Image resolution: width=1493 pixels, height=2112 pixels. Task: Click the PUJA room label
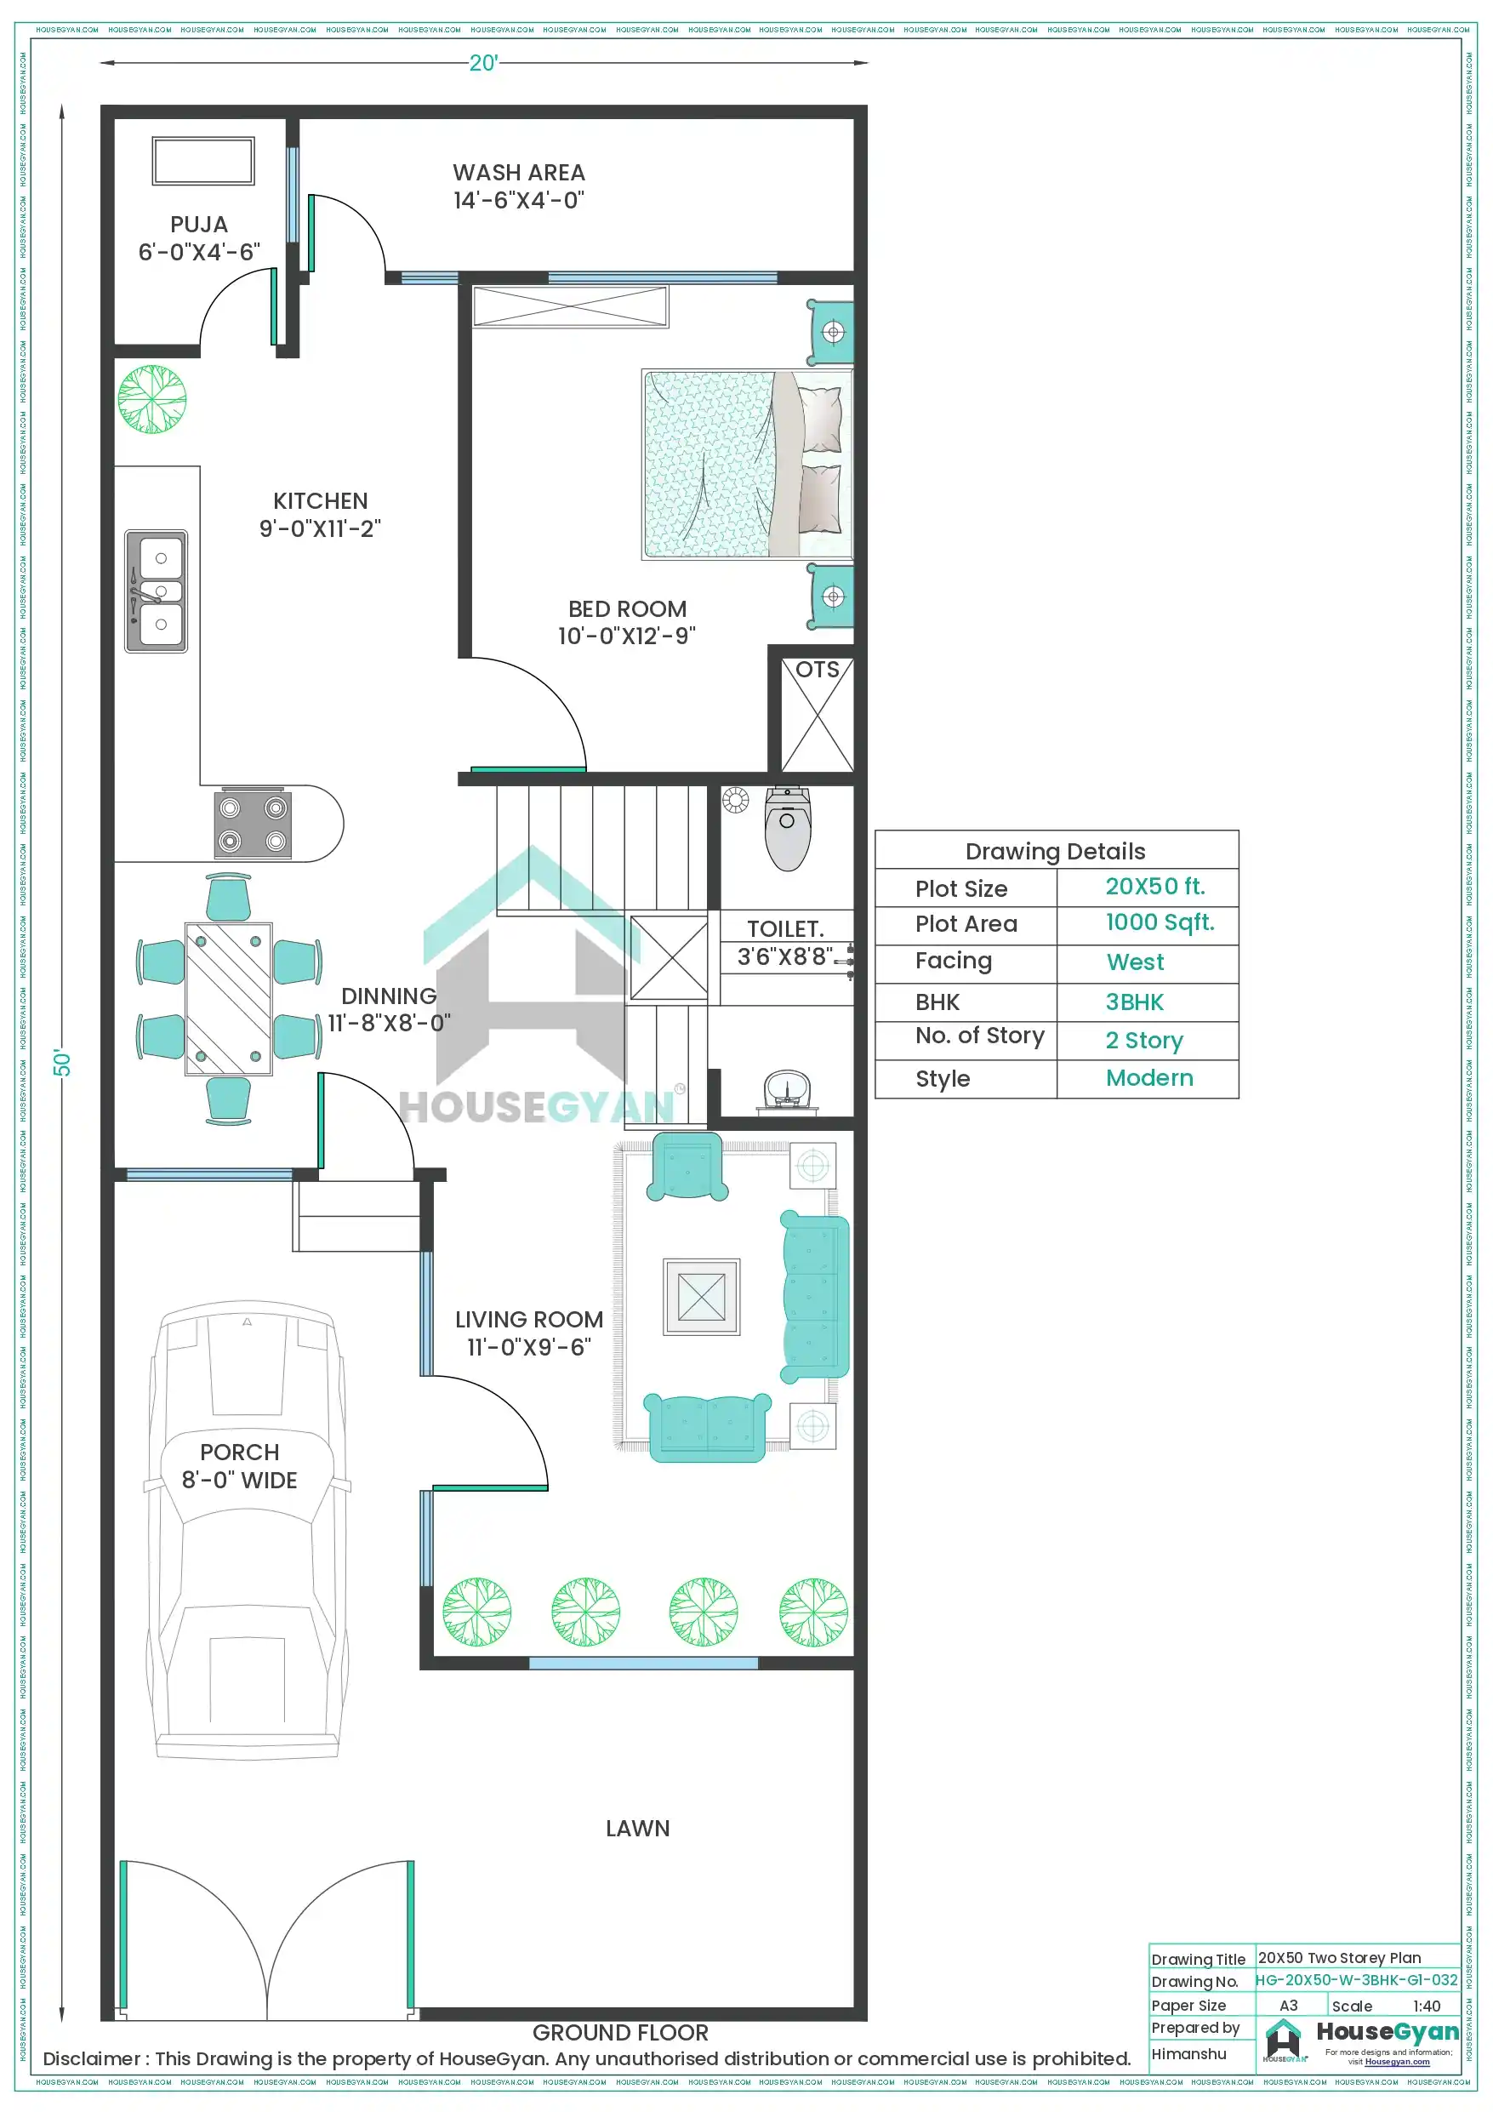pos(199,225)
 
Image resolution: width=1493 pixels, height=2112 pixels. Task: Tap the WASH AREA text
pos(518,174)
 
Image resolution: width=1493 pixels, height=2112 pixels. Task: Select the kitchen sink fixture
pos(157,591)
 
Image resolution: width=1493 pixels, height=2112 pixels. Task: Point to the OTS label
pos(817,670)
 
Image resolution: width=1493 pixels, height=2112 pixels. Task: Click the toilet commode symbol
pos(788,828)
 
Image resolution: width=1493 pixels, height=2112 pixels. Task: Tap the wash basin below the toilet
pos(788,1091)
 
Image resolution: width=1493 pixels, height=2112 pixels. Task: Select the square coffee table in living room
pos(701,1297)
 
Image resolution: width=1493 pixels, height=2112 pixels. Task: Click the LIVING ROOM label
pos(529,1320)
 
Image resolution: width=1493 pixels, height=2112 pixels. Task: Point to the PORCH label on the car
pos(239,1453)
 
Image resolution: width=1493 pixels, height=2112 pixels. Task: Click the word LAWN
pos(637,1829)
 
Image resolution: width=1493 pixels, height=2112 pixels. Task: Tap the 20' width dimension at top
pos(483,63)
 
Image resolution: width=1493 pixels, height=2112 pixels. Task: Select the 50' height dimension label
pos(61,1063)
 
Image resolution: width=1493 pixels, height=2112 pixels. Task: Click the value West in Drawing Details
pos(1134,962)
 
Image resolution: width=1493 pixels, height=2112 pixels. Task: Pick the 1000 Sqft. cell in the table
pos(1159,922)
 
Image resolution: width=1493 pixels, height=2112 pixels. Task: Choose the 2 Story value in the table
pos(1143,1041)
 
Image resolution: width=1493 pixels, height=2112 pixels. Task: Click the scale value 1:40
pos(1426,2006)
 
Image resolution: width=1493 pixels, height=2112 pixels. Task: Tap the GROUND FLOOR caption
pos(620,2033)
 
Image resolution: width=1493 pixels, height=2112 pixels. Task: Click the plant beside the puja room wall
pos(151,399)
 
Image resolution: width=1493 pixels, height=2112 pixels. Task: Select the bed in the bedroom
pos(745,465)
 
